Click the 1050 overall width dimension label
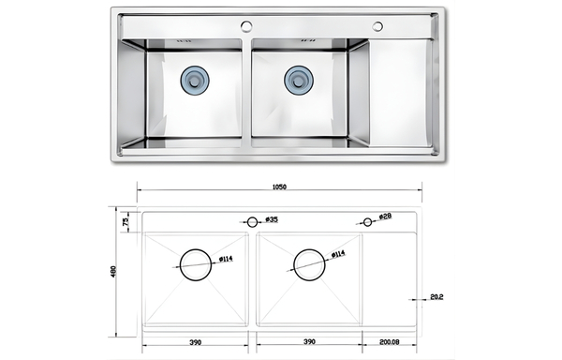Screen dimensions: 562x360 279,187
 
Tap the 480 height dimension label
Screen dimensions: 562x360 113,272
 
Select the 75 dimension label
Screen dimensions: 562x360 126,222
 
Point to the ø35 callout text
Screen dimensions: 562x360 272,219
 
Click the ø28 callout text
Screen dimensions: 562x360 385,217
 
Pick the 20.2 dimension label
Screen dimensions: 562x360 436,297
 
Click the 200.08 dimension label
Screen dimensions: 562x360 390,341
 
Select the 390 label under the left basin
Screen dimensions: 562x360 195,342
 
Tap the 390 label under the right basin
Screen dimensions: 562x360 309,341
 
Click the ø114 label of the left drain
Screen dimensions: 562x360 226,259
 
